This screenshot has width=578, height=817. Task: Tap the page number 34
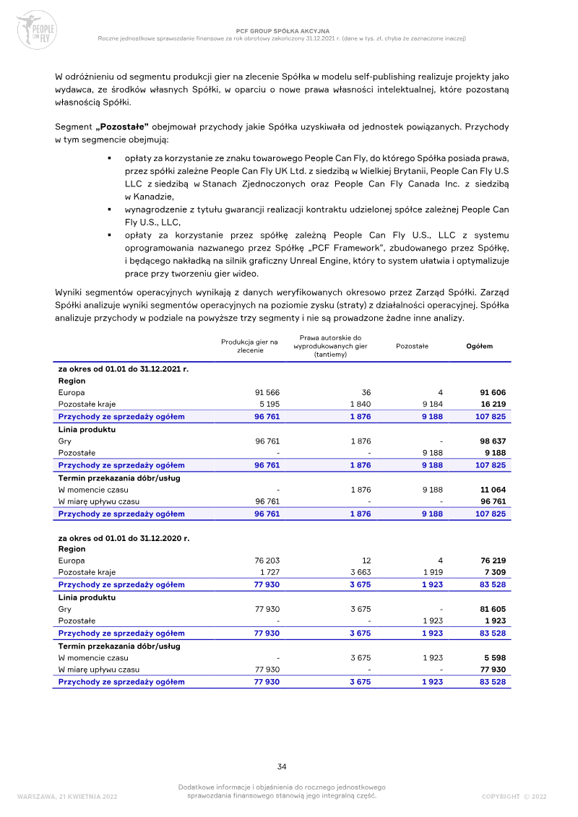click(282, 766)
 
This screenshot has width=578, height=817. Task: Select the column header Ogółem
click(480, 346)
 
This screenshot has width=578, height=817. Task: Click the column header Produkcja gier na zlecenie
click(249, 346)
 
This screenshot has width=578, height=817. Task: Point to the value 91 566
click(257, 392)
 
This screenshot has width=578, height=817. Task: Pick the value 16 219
click(493, 405)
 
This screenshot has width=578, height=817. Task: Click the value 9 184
click(431, 405)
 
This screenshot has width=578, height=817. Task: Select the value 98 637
click(493, 441)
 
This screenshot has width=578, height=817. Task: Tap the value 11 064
click(493, 489)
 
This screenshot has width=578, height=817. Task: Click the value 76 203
click(257, 561)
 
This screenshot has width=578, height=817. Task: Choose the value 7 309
click(495, 573)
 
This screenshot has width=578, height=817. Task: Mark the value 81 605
click(493, 609)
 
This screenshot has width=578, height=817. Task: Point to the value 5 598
click(495, 657)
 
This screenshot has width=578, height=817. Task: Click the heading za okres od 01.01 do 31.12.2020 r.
click(123, 538)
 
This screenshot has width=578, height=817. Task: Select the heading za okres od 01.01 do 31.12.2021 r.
click(123, 369)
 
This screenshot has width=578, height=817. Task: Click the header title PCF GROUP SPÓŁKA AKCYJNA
click(282, 31)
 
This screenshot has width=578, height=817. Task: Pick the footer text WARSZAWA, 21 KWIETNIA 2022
click(66, 796)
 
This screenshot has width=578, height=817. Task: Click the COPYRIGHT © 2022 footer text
click(514, 796)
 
